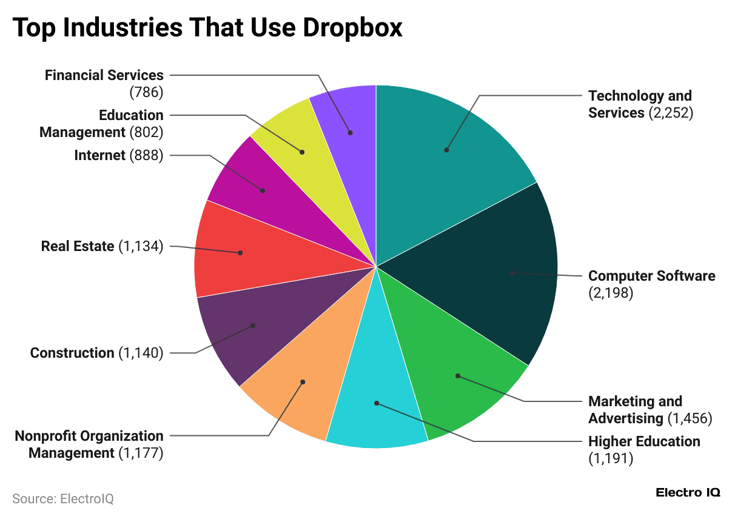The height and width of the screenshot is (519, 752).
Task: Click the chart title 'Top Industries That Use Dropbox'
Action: click(x=207, y=28)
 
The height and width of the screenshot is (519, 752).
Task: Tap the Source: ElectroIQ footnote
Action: click(x=63, y=499)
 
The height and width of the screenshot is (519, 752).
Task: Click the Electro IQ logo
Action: click(x=688, y=493)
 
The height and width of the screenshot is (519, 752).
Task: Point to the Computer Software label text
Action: click(x=651, y=276)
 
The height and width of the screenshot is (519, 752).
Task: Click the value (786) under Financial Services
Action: click(x=146, y=92)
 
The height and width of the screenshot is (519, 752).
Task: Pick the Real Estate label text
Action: click(x=78, y=247)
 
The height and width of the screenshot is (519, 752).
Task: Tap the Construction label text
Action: click(x=72, y=353)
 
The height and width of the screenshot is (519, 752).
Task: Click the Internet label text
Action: click(x=99, y=156)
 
